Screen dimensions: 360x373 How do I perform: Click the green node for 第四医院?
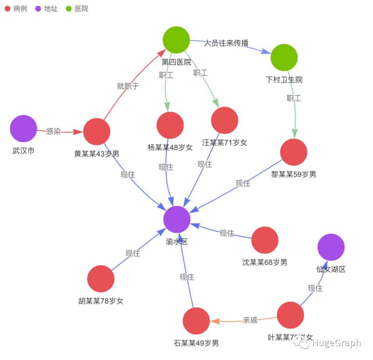[x=176, y=40]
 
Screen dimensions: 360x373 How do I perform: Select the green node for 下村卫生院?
[x=284, y=57]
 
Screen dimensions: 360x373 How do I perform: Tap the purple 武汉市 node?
[x=23, y=128]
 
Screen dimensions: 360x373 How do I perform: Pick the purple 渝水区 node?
[x=177, y=219]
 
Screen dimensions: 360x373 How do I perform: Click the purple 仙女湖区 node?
[x=331, y=247]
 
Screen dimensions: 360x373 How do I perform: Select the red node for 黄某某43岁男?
[x=97, y=132]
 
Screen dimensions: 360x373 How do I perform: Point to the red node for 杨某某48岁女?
[x=170, y=125]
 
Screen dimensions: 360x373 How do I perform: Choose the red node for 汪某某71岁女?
[x=224, y=120]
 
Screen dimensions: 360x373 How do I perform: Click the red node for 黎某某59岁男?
[x=294, y=152]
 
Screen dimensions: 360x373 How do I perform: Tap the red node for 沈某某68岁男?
[x=265, y=240]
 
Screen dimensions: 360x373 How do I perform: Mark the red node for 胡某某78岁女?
[x=101, y=279]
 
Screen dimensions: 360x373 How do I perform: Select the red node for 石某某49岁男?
[x=196, y=321]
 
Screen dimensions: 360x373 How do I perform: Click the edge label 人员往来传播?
[x=226, y=43]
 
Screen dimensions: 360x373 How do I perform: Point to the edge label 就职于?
[x=128, y=86]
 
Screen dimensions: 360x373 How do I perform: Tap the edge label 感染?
[x=54, y=132]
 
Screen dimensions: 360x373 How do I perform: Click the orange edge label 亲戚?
[x=250, y=320]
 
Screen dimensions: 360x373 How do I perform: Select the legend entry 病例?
[x=16, y=9]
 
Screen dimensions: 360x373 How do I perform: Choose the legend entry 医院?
[x=77, y=9]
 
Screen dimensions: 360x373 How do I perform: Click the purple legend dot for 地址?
[x=38, y=9]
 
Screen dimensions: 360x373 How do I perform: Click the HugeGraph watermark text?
[x=336, y=343]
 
